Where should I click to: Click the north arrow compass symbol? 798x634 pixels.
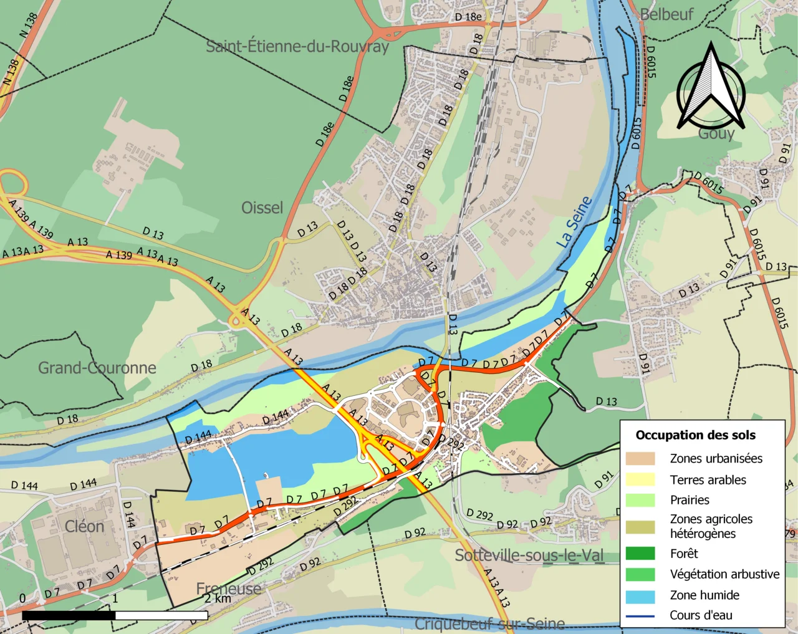pos(711,87)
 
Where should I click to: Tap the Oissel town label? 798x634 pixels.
pos(262,208)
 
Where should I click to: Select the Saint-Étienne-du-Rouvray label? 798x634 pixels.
pos(297,46)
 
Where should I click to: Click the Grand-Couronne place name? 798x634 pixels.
pos(97,368)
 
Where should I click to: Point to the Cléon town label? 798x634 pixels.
pos(84,526)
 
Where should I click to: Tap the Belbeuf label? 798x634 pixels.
pos(666,14)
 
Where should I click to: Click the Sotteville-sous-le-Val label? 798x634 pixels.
pos(529,555)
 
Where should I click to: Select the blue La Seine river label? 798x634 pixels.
pos(574,223)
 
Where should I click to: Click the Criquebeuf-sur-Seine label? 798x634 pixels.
pos(489,623)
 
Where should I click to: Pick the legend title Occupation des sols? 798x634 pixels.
pos(695,435)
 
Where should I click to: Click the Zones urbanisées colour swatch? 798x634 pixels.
pos(640,459)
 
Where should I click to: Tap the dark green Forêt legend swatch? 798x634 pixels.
pos(640,554)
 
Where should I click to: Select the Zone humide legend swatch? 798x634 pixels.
pos(640,596)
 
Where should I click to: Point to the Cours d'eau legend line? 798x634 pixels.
pos(640,616)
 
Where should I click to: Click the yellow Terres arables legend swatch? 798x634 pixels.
pos(640,479)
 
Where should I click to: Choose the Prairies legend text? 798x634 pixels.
pos(690,500)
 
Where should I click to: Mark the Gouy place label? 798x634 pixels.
pos(716,134)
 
